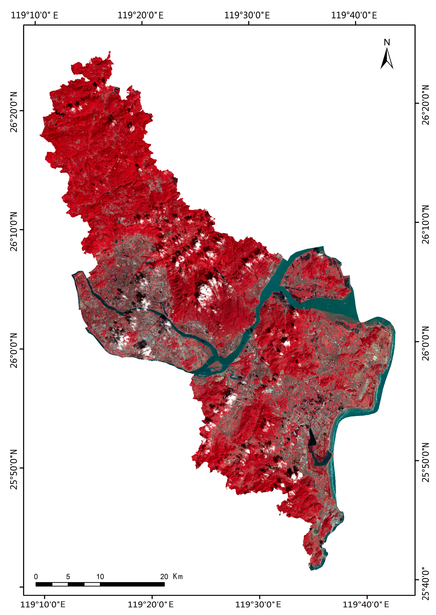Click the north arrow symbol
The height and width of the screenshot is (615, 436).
coord(387,59)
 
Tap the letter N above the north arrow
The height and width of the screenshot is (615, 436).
coord(387,42)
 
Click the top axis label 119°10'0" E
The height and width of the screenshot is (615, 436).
coord(34,15)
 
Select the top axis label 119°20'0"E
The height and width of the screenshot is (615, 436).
coord(140,15)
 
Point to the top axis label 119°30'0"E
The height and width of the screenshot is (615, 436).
coord(247,15)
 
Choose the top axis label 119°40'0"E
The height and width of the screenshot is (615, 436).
coord(354,15)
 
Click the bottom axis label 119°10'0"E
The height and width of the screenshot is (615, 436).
coord(43,605)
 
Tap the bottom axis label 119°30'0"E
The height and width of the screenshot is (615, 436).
coord(258,605)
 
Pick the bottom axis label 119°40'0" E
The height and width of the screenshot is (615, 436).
coord(366,605)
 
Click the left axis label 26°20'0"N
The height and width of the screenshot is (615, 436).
coord(14,112)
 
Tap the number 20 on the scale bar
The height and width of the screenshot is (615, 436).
coord(164,577)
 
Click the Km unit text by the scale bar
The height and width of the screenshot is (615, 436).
coord(178,576)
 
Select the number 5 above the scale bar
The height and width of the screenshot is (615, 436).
coord(68,577)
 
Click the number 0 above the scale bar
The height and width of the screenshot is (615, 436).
coord(36,577)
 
